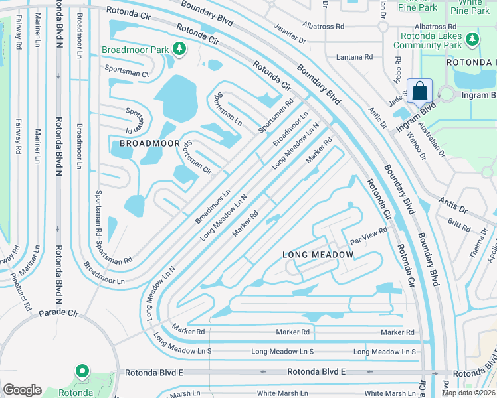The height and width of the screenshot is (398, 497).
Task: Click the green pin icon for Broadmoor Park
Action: (x=179, y=48)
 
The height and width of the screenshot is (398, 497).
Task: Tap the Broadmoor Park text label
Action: (x=135, y=50)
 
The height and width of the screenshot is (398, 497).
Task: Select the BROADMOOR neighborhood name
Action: (x=149, y=143)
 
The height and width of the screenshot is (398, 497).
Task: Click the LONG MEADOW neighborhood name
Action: (x=318, y=255)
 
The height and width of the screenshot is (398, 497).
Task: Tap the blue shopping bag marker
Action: (x=420, y=91)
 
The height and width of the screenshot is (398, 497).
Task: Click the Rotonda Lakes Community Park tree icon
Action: (x=472, y=40)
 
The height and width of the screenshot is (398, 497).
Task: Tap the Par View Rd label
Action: (x=369, y=235)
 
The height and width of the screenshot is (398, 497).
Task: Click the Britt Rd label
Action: (x=458, y=223)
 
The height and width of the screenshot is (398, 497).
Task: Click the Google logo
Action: (x=23, y=390)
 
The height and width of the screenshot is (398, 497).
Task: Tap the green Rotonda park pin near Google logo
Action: (x=82, y=372)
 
